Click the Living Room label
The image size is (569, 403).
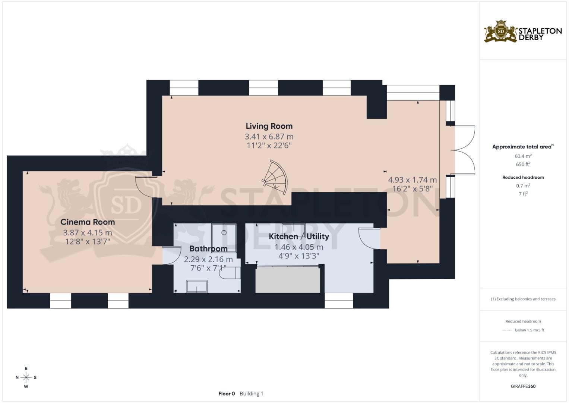[269, 126]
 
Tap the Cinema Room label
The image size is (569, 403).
[88, 222]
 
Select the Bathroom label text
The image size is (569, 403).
[208, 249]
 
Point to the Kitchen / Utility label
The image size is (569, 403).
[299, 236]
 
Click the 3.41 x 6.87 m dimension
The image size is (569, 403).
[269, 137]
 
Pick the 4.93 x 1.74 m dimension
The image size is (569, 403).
[412, 180]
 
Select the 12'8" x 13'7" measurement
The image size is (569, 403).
[88, 241]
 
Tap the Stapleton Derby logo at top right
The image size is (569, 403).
[523, 32]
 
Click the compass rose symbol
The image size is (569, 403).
[26, 377]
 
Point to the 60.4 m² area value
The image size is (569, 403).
[523, 156]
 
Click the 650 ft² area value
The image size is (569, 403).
[523, 164]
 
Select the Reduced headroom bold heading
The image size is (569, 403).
[523, 177]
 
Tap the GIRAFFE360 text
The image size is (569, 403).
[523, 386]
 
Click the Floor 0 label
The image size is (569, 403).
[227, 393]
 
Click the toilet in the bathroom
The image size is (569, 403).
[228, 274]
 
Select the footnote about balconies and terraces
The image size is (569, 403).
[523, 299]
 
